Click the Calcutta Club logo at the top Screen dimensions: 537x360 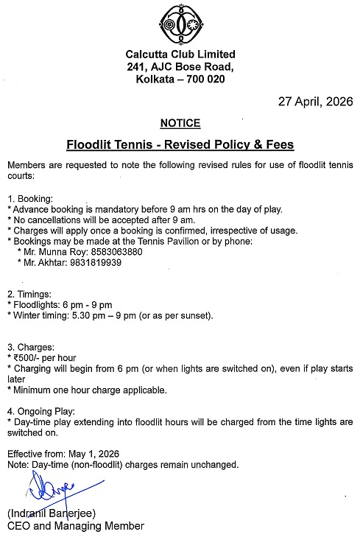pyautogui.click(x=180, y=24)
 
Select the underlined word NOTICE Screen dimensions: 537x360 pyautogui.click(x=180, y=123)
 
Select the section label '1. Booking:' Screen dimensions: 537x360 pyautogui.click(x=30, y=199)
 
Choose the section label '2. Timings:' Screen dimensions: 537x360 pyautogui.click(x=31, y=294)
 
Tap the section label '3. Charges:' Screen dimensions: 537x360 pyautogui.click(x=32, y=347)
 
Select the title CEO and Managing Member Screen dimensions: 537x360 pyautogui.click(x=75, y=525)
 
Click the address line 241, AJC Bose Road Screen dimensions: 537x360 pyautogui.click(x=180, y=67)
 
